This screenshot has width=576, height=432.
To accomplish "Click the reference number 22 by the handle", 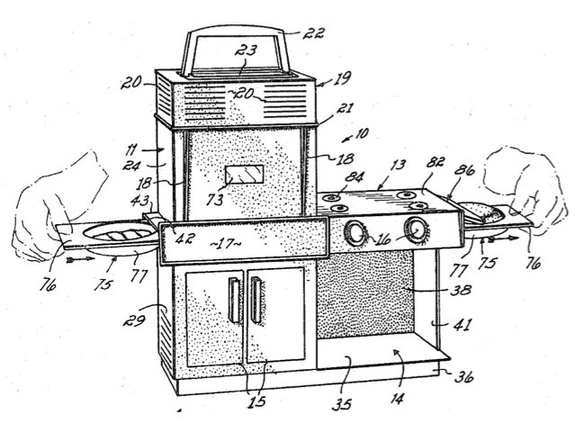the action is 314,34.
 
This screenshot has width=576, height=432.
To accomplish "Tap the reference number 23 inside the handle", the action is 246,50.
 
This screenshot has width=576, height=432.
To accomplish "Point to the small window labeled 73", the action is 244,175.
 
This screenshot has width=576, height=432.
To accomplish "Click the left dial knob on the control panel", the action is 355,233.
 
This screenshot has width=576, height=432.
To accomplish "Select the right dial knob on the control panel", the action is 417,230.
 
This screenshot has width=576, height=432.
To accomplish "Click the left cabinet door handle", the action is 234,300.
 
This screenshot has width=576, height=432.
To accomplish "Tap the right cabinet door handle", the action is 256,300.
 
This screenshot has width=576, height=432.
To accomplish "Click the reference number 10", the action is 362,133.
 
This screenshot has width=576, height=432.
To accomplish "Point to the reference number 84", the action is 355,177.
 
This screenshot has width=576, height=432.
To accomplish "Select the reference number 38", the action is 461,290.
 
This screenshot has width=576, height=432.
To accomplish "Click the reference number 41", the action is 462,324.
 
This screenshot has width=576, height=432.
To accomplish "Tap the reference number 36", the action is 464,377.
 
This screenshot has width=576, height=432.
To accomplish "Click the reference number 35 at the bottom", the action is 342,404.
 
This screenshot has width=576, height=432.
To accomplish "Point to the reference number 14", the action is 397,398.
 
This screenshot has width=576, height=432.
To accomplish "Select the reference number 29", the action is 134,320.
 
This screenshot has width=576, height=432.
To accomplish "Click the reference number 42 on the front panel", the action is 184,239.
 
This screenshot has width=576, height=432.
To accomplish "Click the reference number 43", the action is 140,201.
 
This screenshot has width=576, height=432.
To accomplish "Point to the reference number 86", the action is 464,170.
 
